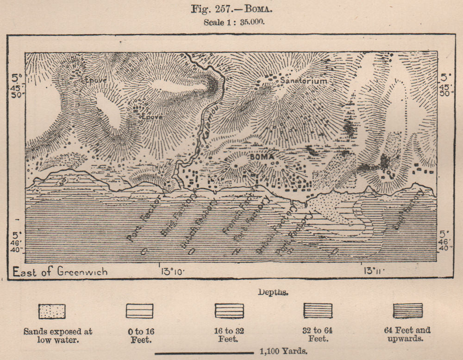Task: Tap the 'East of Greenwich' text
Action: click(x=60, y=271)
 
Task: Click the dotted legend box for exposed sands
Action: click(x=52, y=311)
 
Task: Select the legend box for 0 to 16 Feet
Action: click(x=139, y=311)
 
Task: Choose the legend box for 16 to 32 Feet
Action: click(x=229, y=311)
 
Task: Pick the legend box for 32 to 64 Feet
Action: click(x=318, y=311)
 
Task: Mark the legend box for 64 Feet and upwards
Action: click(x=407, y=311)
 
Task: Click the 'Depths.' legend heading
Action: click(x=271, y=293)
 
